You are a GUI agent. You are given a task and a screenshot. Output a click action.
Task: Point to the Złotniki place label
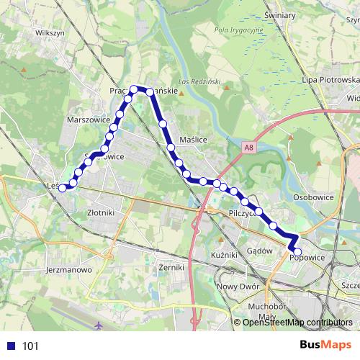pyautogui.click(x=100, y=212)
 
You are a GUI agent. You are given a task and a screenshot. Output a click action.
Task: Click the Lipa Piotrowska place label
pyautogui.click(x=330, y=79)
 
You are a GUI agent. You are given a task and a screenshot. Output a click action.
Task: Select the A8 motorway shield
pyautogui.click(x=248, y=147)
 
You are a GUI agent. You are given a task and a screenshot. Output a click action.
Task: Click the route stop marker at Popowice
pyautogui.click(x=297, y=251)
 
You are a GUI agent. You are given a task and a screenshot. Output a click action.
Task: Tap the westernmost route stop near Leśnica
pyautogui.click(x=63, y=188)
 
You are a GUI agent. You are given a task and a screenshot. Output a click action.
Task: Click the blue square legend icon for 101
pyautogui.click(x=11, y=346)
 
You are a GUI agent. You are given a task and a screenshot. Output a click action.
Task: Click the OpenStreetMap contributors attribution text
pyautogui.click(x=297, y=322)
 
